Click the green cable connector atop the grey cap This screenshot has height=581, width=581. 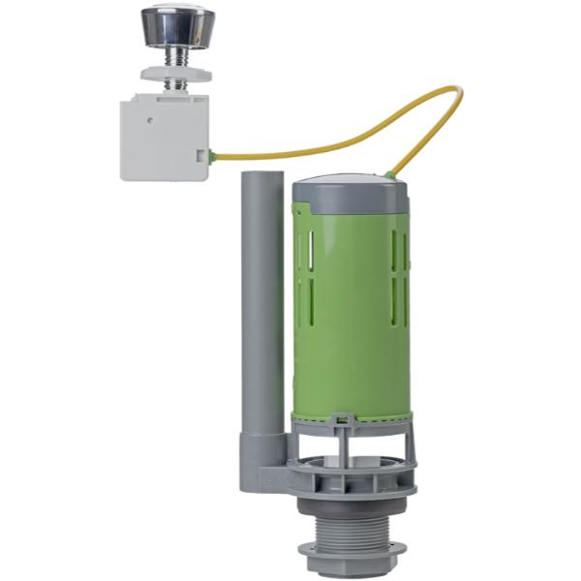pos(387,176)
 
